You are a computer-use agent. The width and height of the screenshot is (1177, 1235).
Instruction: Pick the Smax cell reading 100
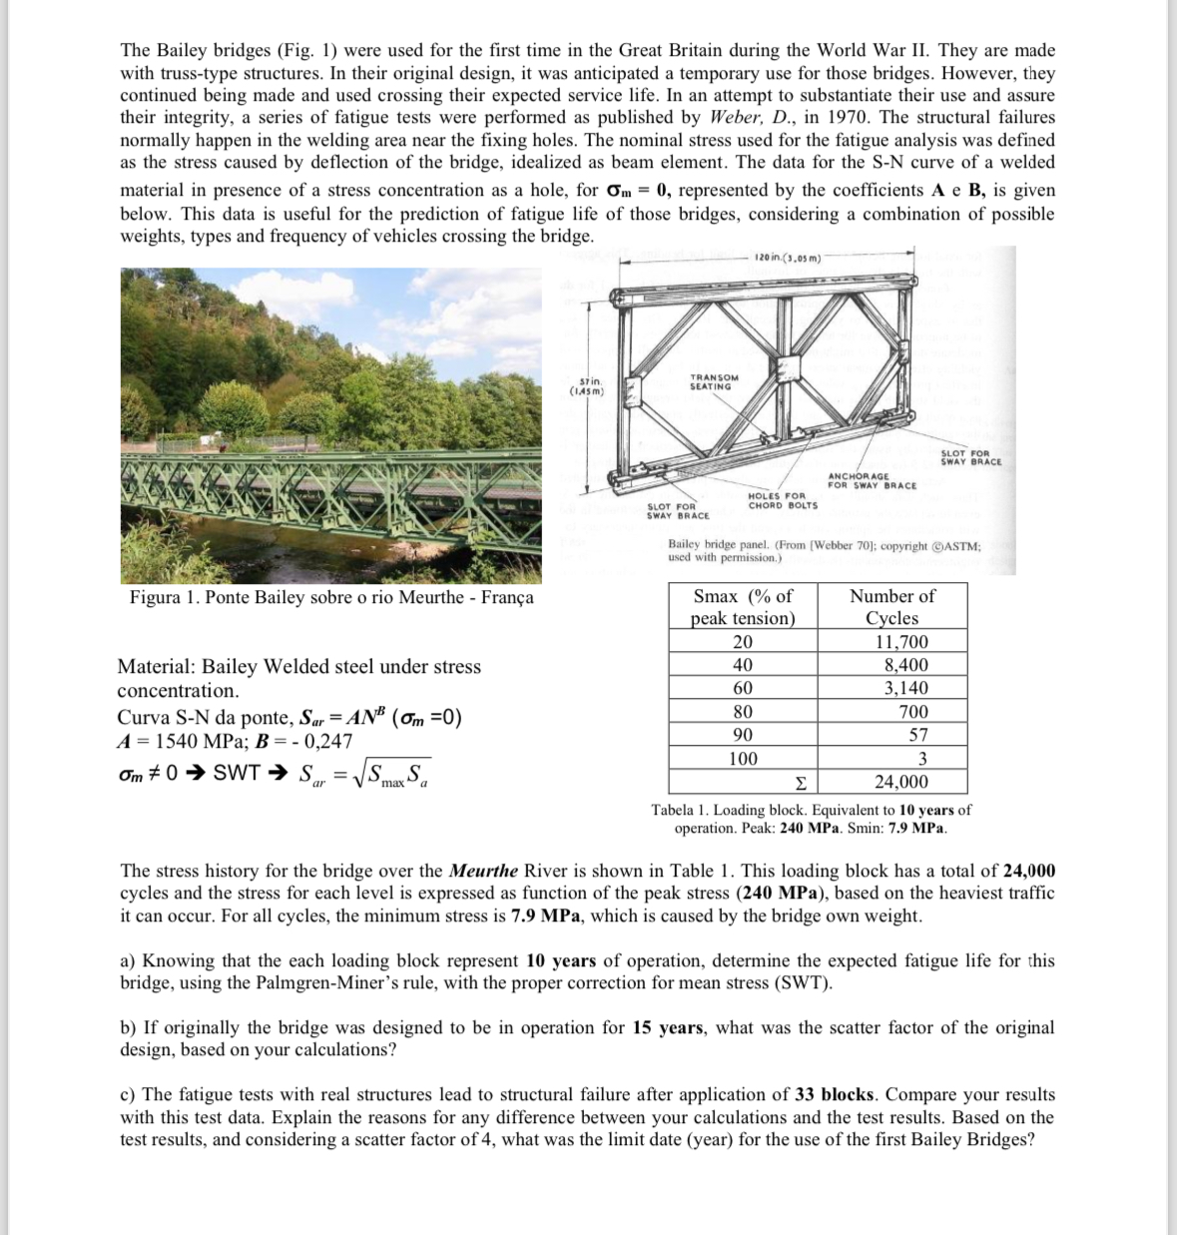tap(743, 758)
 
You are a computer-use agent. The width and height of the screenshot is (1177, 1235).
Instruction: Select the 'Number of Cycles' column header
tap(891, 607)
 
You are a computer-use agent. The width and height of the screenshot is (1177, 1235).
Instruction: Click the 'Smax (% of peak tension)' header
tap(743, 607)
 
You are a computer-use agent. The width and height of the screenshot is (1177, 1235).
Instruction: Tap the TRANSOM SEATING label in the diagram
tap(714, 382)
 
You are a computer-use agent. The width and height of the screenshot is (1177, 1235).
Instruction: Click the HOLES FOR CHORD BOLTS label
tap(783, 500)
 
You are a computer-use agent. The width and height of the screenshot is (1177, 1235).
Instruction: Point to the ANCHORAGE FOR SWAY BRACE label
tap(872, 481)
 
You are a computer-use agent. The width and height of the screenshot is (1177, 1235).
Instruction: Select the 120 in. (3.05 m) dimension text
tap(788, 258)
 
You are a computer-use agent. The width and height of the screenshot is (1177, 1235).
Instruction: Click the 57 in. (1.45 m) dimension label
tap(590, 387)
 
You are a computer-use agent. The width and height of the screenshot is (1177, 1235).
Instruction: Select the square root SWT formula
tap(365, 773)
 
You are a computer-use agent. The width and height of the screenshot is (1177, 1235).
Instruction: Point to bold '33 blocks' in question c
tap(835, 1094)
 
